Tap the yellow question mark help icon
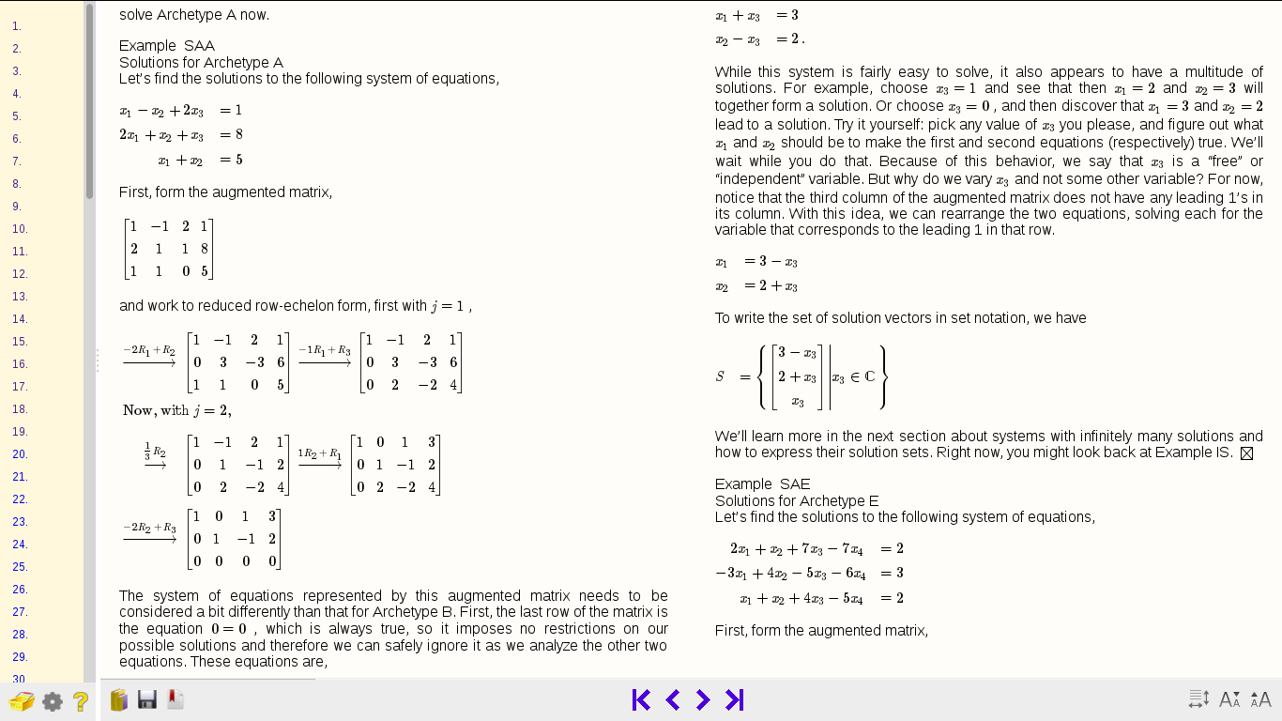[81, 700]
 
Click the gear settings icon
[53, 701]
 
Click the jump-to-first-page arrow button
[641, 699]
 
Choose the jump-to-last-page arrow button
[735, 699]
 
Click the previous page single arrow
[672, 699]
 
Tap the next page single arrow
[703, 699]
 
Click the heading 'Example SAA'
[167, 46]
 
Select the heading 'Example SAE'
[762, 484]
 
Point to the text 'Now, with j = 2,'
[176, 410]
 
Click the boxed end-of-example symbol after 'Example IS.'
[1246, 453]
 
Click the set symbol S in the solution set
[720, 376]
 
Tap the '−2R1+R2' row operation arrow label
[149, 352]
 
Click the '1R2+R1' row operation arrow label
[319, 454]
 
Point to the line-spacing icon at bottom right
[1198, 699]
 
